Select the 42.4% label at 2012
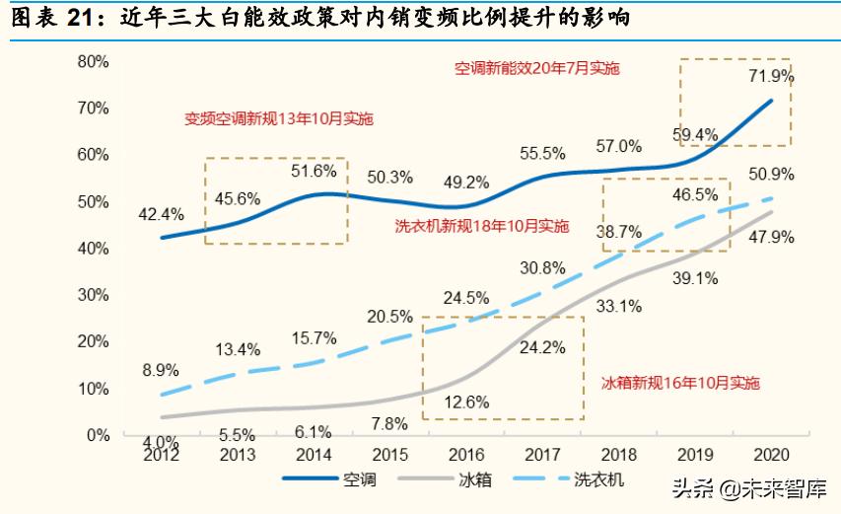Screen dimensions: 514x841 pyautogui.click(x=161, y=212)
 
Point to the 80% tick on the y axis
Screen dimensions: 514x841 pyautogui.click(x=93, y=61)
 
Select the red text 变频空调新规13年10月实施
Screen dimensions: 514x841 pyautogui.click(x=279, y=118)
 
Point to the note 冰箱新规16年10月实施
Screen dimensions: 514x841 pyautogui.click(x=680, y=382)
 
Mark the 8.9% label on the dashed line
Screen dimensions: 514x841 pyautogui.click(x=161, y=370)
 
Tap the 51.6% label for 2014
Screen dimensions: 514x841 pyautogui.click(x=313, y=171)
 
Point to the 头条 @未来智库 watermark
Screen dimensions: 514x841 pyautogui.click(x=748, y=487)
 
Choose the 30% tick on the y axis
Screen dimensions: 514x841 pyautogui.click(x=93, y=295)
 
